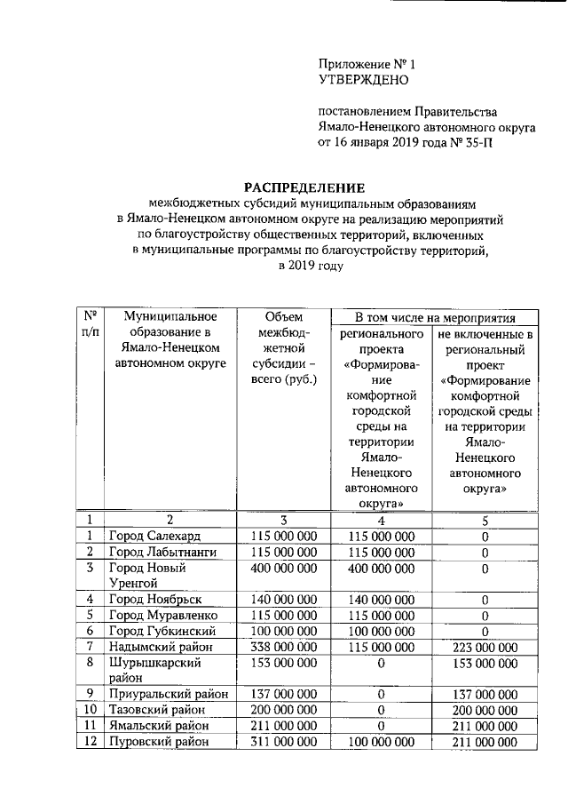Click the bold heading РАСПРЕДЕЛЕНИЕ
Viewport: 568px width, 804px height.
coord(305,187)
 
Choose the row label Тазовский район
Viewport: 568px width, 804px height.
coord(156,710)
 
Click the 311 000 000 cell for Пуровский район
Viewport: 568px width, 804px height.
coord(283,742)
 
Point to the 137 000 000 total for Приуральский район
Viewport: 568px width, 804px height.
coord(283,694)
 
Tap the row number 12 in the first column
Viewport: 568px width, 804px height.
coord(90,742)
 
